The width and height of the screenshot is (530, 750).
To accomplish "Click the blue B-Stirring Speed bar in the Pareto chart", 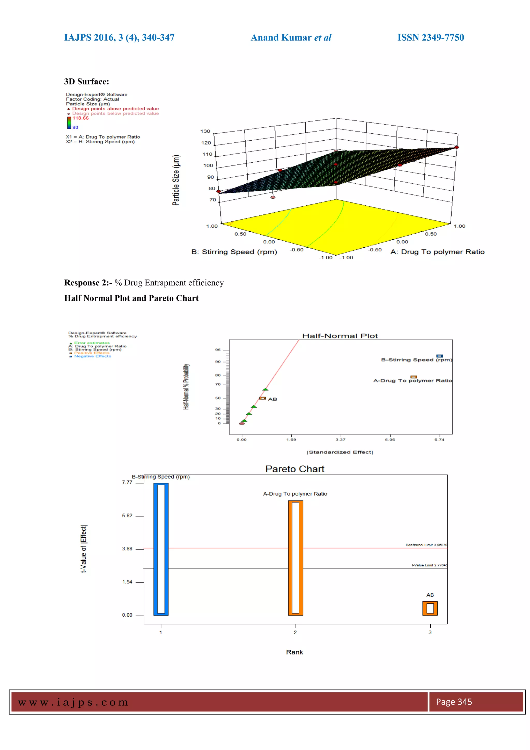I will (x=161, y=549).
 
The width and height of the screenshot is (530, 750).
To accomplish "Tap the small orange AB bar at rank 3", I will (x=430, y=608).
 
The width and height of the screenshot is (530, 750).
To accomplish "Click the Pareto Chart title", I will (x=295, y=469).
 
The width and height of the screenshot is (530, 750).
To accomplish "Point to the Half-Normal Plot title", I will (x=340, y=336).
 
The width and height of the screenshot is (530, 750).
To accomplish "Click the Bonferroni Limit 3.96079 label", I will (x=426, y=545).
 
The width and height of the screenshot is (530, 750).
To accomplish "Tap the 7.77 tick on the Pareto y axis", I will (x=127, y=482).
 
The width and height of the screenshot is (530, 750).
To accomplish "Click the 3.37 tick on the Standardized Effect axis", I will (x=340, y=440).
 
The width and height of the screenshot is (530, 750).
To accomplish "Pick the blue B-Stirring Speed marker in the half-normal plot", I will (x=440, y=356).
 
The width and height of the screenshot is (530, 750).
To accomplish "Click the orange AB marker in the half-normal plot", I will (x=262, y=398).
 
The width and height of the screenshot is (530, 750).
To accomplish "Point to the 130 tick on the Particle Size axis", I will (x=205, y=131).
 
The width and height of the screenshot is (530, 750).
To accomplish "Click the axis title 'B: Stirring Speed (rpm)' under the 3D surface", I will (x=234, y=252).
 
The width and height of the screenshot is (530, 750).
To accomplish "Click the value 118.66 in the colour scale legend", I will (x=80, y=118).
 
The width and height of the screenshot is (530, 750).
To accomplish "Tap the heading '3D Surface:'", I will (x=86, y=82).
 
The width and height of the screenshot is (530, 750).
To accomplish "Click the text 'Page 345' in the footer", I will (x=454, y=702).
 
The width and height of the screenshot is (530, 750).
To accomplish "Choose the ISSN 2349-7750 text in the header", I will (x=430, y=38).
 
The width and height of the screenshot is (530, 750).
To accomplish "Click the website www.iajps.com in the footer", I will (x=73, y=702).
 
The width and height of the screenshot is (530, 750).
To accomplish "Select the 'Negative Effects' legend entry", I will (x=93, y=356).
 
